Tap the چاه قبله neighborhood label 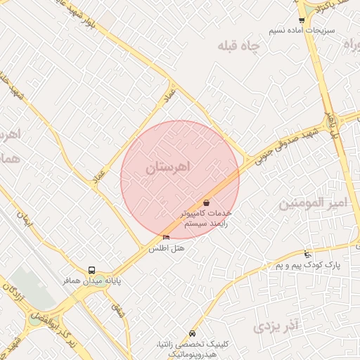pos(238,46)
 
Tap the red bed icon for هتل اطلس pos(166,238)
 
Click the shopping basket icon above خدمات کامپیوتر pos(206,202)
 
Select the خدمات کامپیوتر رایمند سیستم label pos(206,217)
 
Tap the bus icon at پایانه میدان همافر pos(91,270)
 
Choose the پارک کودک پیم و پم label pos(307,264)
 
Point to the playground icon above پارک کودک pos(307,253)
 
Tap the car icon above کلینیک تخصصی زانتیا pos(193,333)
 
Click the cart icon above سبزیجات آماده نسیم pos(302,20)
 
